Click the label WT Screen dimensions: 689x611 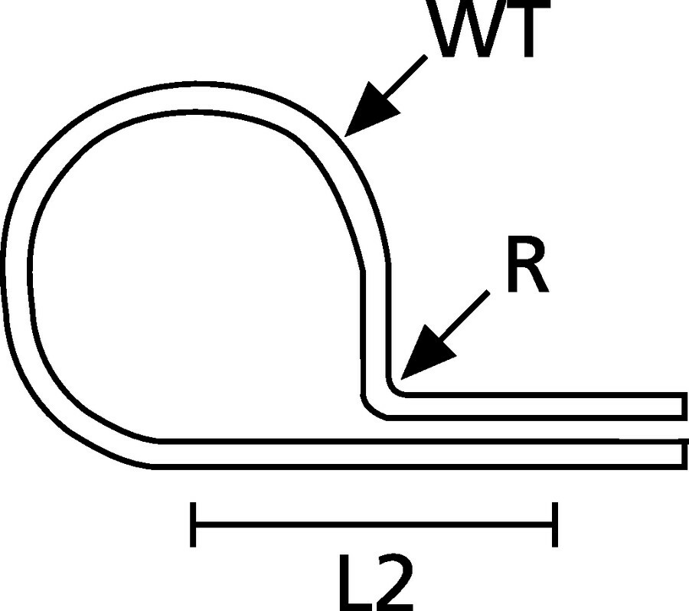(x=491, y=28)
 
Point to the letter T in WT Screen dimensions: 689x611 (x=528, y=28)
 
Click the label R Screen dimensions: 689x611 (x=527, y=265)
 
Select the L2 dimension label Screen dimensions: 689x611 (x=376, y=583)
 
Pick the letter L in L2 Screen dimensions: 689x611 (x=355, y=583)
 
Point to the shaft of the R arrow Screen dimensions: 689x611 (x=464, y=316)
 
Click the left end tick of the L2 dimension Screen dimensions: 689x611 (x=193, y=524)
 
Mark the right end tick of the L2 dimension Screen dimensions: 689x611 (x=555, y=524)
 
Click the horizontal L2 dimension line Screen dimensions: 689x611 (x=374, y=524)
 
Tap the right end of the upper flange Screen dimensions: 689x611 (x=684, y=406)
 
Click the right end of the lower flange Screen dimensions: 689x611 (x=684, y=454)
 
